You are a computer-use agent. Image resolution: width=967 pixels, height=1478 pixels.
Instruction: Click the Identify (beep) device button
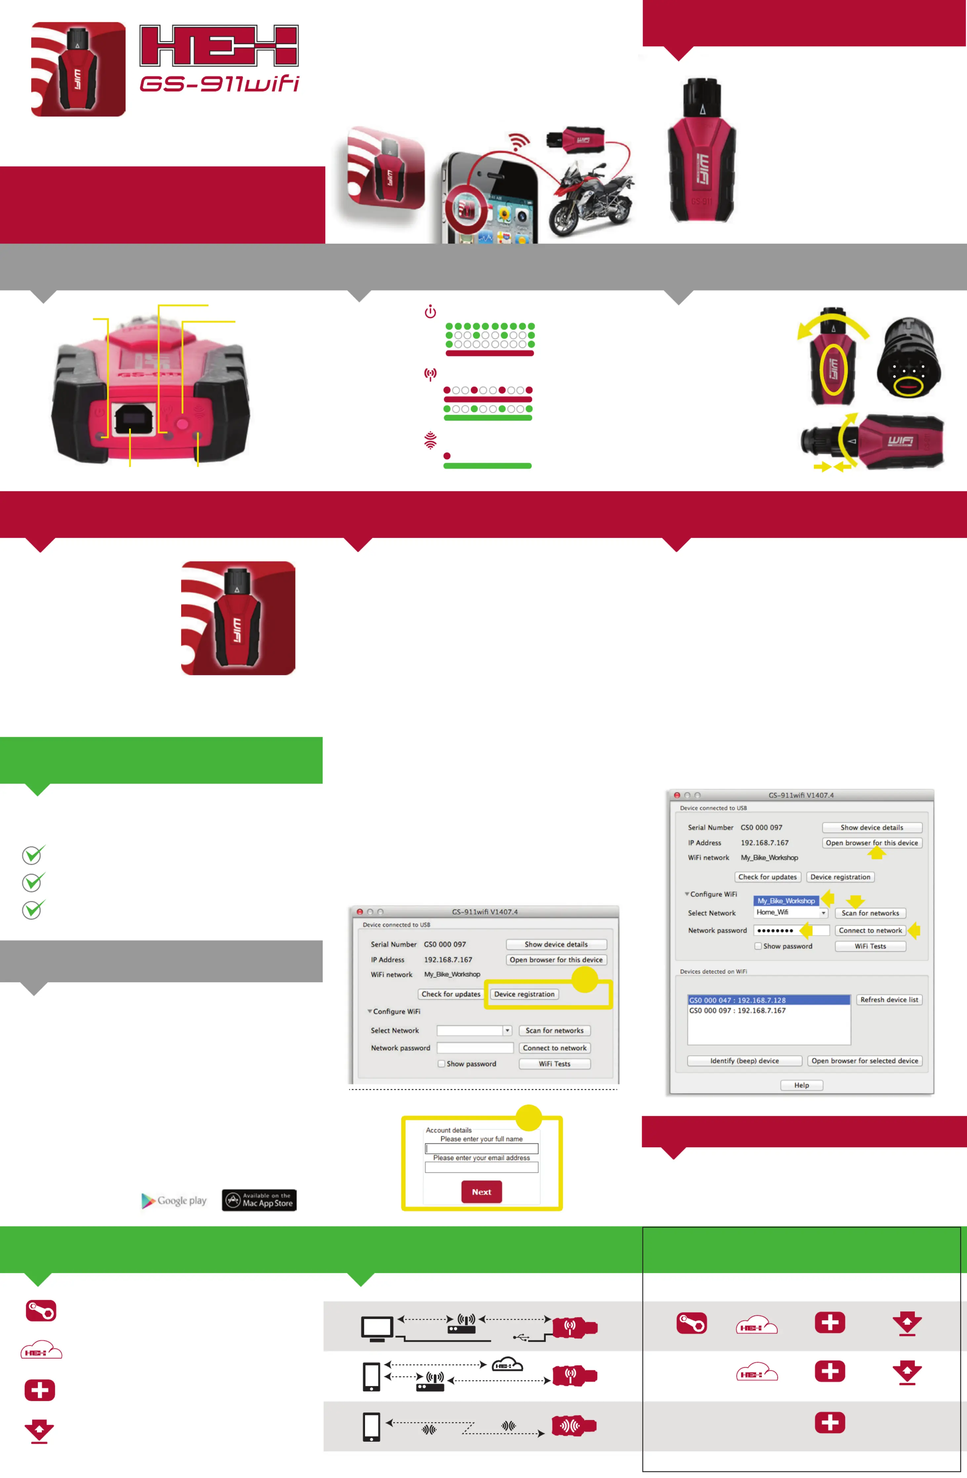pos(744,1061)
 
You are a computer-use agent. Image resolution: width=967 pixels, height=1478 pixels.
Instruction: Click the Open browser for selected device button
pos(865,1061)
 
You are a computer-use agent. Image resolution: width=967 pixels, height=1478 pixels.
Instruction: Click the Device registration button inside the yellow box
pos(524,994)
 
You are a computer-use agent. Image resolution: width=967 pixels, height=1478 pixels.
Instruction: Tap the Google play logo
pos(175,1200)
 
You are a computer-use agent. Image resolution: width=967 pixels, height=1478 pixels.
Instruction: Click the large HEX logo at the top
pos(219,46)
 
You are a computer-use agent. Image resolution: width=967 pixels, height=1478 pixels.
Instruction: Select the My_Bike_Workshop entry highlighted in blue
pos(786,900)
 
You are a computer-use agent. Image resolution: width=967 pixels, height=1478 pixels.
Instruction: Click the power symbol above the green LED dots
pos(430,312)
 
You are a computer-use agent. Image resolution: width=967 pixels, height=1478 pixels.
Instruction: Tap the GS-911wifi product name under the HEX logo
pos(219,84)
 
